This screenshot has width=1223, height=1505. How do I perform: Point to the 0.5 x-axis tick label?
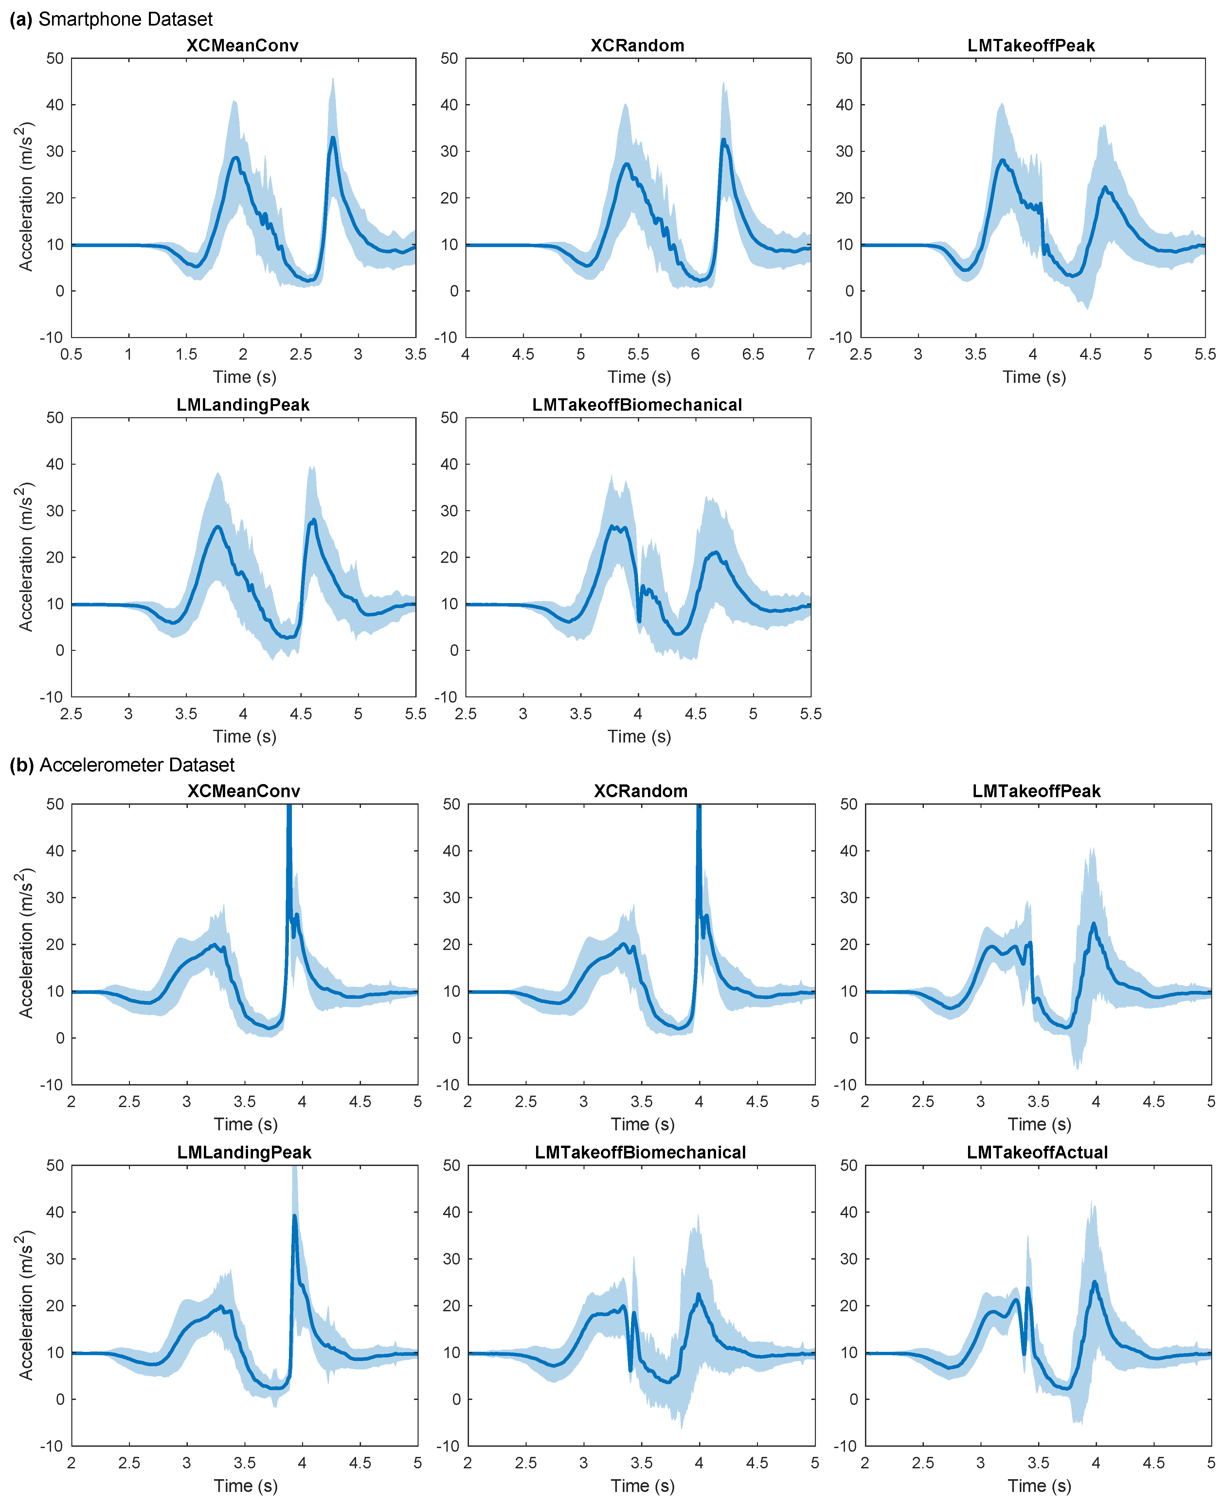tap(71, 354)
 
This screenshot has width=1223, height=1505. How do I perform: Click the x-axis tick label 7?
tap(810, 354)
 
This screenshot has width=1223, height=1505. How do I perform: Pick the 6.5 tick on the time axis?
tap(753, 354)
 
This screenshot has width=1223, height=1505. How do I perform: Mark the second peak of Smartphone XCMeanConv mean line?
tap(333, 138)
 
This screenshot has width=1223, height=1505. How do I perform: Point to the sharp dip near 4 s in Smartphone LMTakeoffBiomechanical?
tap(639, 620)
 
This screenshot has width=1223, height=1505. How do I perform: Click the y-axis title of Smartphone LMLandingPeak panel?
tap(25, 556)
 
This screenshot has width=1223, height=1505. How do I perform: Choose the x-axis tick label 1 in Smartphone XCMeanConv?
tap(128, 354)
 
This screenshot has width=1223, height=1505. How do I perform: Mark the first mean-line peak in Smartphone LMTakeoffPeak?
tap(1002, 161)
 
